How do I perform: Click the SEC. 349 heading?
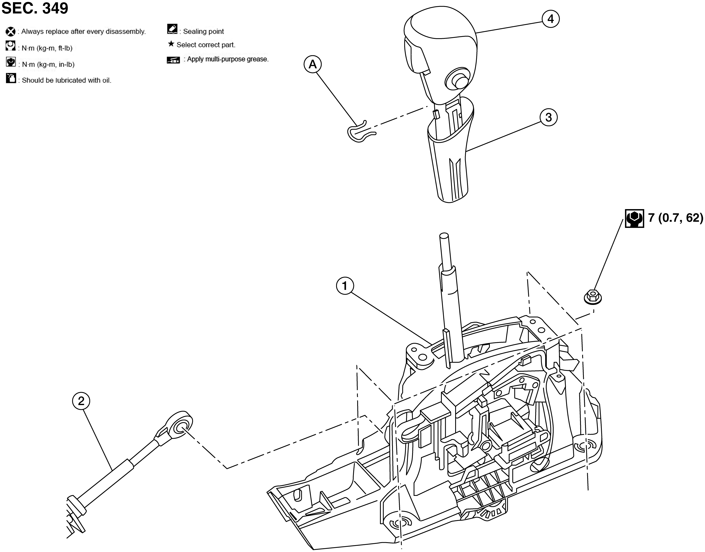35,8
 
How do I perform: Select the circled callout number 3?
549,117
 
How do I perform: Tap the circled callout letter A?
313,65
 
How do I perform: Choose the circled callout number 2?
81,401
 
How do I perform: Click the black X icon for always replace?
11,32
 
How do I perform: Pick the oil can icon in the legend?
11,78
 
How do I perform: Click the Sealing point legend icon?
172,29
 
